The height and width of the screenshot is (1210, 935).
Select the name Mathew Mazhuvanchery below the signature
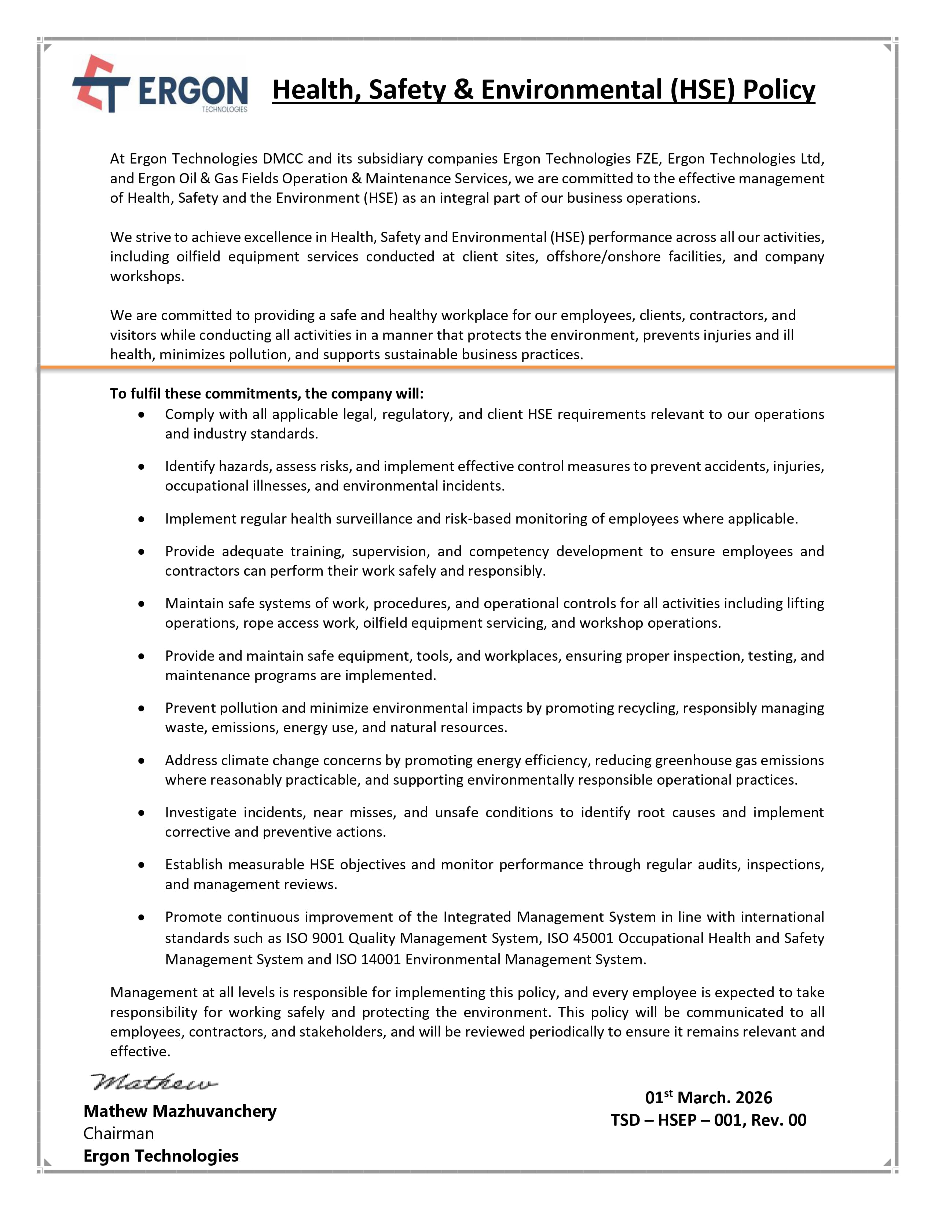180,1111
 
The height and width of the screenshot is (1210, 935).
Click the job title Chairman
118,1133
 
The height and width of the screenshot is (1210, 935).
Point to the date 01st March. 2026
708,1097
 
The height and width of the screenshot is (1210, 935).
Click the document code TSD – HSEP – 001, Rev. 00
708,1120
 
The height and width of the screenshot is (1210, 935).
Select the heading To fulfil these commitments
267,393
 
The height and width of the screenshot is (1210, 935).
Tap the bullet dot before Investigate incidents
142,813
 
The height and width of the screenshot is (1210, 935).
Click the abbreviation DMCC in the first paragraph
282,159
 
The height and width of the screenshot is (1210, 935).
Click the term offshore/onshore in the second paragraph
603,257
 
